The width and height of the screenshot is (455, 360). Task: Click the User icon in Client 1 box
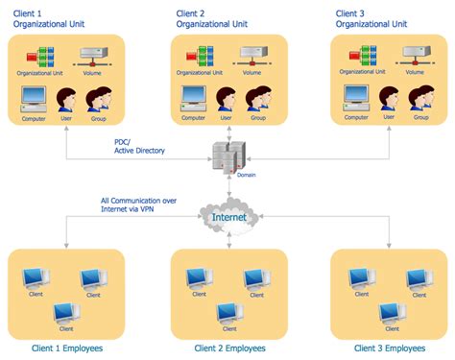[x=67, y=99]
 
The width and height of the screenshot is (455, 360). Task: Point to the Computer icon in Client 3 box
[x=355, y=99]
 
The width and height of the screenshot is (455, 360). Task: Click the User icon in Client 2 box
[x=227, y=99]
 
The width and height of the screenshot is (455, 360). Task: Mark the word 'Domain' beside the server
[x=247, y=175]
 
